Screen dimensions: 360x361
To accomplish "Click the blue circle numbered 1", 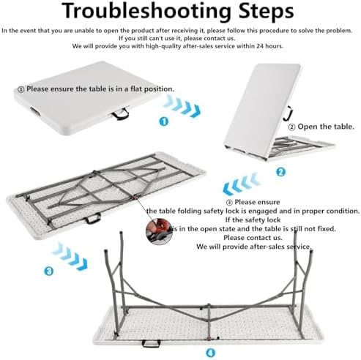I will point(163,121).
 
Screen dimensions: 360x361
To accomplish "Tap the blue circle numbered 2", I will point(280,172).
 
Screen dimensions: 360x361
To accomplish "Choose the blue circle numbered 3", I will point(49,271).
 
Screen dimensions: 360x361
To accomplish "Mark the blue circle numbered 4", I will point(210,352).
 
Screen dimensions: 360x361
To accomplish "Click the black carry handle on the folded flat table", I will point(120,115).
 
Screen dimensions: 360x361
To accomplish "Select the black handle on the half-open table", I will point(291,113).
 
